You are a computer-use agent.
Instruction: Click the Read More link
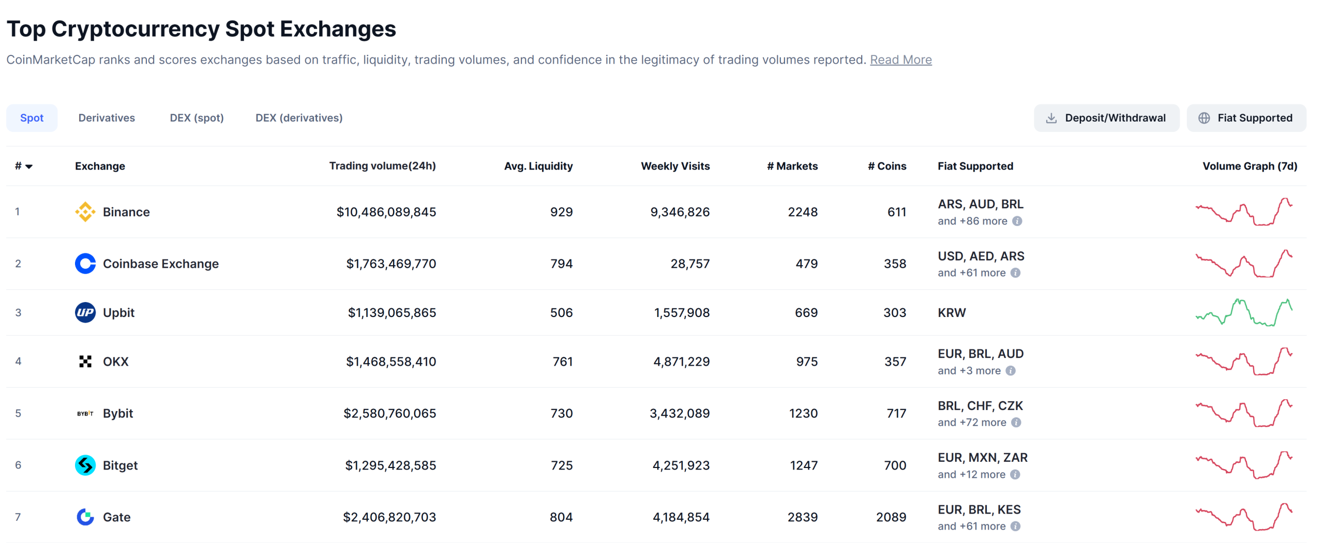coord(900,60)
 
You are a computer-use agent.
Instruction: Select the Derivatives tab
coord(107,118)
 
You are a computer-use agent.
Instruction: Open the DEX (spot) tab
coord(197,118)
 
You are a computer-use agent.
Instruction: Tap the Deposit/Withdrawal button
coord(1106,118)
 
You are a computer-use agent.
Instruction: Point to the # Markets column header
coord(792,166)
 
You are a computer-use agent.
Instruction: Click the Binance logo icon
coord(85,212)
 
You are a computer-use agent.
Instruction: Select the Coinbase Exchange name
coord(160,264)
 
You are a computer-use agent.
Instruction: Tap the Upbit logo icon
coord(85,312)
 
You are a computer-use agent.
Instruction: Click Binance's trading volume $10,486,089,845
coord(386,212)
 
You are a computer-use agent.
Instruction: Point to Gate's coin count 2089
coord(891,517)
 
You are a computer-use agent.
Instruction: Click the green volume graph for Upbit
coord(1243,312)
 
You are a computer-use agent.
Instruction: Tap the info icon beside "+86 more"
coord(1017,221)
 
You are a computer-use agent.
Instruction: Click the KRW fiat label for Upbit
coord(951,312)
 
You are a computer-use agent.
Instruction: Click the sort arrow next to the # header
coord(29,167)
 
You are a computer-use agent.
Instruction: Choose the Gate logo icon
coord(85,517)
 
